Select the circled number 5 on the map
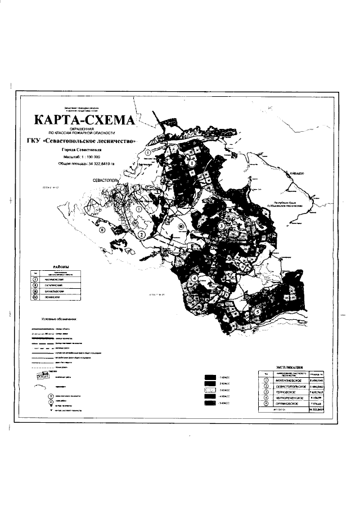257,311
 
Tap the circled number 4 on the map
193,278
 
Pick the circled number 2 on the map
142,234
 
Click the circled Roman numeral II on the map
102,230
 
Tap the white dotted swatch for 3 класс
210,390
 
